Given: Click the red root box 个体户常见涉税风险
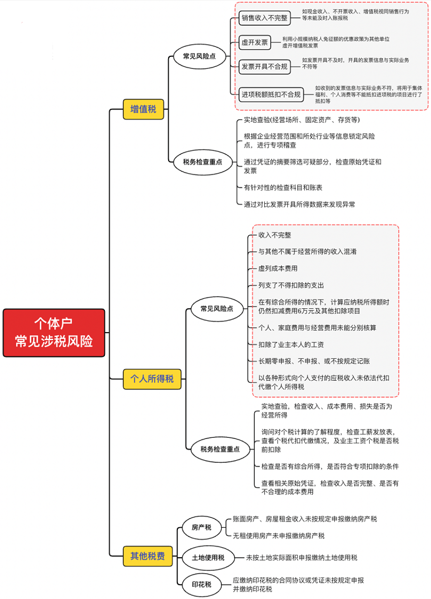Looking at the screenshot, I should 54,333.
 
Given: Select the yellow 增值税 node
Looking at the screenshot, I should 143,109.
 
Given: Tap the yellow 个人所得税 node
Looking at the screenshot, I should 152,378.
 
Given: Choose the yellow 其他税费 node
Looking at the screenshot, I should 147,555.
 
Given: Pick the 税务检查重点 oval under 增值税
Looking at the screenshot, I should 202,162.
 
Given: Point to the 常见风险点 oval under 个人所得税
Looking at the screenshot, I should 216,308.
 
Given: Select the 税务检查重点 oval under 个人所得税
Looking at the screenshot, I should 220,449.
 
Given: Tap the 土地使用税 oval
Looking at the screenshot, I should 208,557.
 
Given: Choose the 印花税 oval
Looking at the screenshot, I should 201,585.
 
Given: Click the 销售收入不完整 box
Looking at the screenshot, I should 265,18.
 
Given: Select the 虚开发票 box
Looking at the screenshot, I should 255,43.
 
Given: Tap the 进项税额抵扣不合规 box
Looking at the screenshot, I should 271,94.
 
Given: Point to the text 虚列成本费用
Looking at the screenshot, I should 278,268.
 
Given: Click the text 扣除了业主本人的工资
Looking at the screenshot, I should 290,345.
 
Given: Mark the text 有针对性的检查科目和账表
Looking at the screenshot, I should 283,188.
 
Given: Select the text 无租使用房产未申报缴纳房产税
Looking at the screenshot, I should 279,536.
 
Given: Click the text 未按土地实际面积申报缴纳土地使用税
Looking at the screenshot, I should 301,558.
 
